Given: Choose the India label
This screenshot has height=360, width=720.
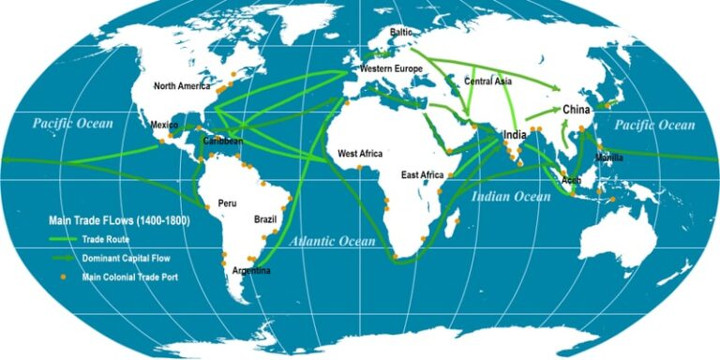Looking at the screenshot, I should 515,135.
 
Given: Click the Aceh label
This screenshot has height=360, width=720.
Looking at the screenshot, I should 572,179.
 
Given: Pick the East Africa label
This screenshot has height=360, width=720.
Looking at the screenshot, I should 423,175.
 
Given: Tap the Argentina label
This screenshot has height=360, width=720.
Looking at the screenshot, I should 250,271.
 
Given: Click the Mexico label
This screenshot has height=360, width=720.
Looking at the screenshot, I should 165,124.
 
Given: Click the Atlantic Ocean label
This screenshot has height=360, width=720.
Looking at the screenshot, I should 331,242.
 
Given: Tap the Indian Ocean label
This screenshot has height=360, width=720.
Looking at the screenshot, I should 511,197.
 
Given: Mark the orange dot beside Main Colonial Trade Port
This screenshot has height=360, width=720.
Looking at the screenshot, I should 64,277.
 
